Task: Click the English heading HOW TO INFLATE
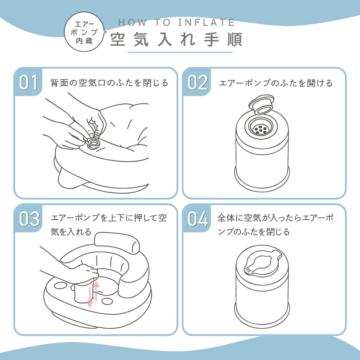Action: click(x=176, y=23)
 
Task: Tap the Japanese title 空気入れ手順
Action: click(x=176, y=40)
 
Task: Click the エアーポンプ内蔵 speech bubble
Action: click(x=85, y=32)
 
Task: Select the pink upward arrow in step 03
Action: click(x=96, y=291)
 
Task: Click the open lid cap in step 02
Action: click(x=261, y=105)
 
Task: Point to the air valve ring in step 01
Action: click(x=93, y=143)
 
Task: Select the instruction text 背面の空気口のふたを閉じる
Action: click(x=109, y=83)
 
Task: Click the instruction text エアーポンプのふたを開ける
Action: click(x=276, y=83)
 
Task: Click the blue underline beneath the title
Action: click(x=180, y=53)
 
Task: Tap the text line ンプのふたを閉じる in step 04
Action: click(x=254, y=232)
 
